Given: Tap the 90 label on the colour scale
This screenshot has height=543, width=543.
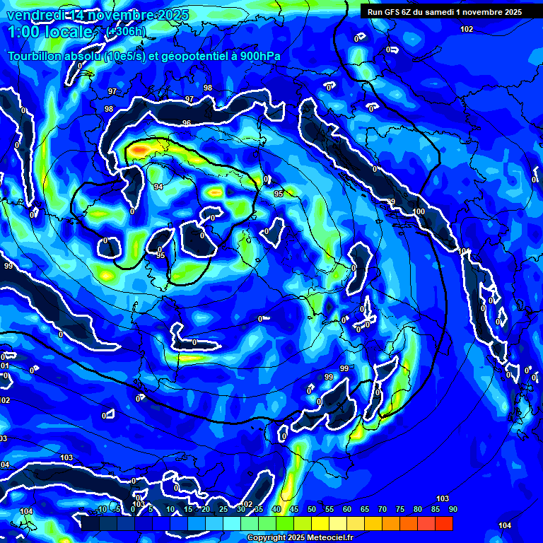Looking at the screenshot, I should point(452,510).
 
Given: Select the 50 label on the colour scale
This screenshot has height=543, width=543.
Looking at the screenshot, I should point(312,510).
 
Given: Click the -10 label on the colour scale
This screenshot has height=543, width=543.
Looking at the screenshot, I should point(101,510).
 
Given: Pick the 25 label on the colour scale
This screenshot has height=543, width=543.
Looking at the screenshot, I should point(223,510).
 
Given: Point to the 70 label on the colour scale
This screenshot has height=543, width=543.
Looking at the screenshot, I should point(383,510).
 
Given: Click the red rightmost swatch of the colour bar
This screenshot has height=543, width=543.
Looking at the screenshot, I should point(443,523).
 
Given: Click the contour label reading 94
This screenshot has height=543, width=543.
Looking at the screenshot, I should point(158,187).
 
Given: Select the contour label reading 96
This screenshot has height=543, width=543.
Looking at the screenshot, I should point(187,123).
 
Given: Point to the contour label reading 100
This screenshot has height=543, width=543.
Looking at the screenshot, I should point(419,211).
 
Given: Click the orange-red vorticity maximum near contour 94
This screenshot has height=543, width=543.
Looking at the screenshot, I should point(138,150).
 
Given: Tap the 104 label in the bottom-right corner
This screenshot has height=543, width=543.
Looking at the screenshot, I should point(504,525).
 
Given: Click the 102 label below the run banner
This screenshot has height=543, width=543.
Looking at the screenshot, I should point(466,29).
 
